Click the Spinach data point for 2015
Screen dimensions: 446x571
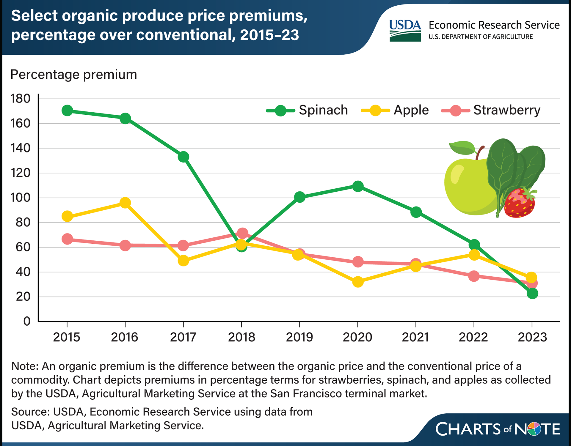[x=67, y=111]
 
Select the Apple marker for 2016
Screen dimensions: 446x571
[x=125, y=203]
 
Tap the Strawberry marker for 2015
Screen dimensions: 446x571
[x=67, y=239]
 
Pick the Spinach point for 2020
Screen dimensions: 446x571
[x=358, y=186]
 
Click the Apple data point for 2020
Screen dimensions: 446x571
[x=358, y=282]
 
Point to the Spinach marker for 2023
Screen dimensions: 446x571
[x=532, y=294]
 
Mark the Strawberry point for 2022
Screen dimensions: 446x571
[x=474, y=276]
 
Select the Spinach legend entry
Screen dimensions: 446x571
[x=308, y=111]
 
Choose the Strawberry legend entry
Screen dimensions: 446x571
[x=491, y=111]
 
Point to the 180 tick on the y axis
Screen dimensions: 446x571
[x=21, y=99]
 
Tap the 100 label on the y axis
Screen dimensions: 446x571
[x=21, y=198]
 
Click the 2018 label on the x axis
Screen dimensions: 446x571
[x=241, y=337]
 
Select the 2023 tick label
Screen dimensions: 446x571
[x=532, y=337]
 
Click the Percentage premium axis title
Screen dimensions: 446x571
[x=74, y=75]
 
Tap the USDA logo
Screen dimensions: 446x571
[x=405, y=31]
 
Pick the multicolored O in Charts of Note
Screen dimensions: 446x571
[x=533, y=429]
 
